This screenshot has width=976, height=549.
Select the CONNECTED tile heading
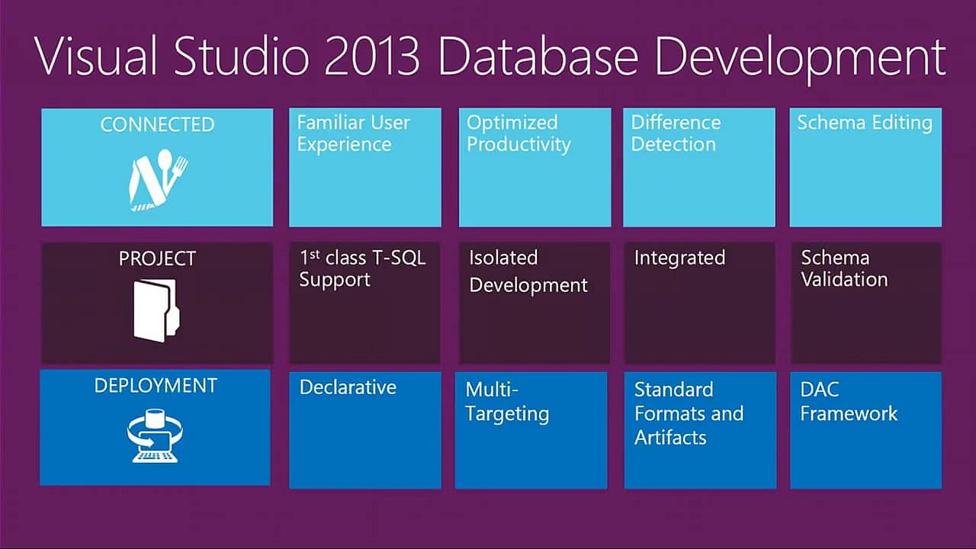pos(157,125)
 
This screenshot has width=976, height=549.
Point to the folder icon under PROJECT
pos(156,308)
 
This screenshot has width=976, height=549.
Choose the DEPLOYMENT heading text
pos(156,386)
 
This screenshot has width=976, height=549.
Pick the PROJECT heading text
pos(157,259)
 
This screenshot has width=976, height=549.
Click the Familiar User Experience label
pos(353,133)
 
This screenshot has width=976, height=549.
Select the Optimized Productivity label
pos(518,133)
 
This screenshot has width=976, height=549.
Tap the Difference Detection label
pos(676,133)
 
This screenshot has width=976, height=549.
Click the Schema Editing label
pos(865,123)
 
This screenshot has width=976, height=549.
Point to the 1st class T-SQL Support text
pos(362,268)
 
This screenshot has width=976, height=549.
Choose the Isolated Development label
pos(528,271)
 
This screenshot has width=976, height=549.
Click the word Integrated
pos(679,258)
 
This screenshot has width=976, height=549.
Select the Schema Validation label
pos(844,268)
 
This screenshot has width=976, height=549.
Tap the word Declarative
pos(348,387)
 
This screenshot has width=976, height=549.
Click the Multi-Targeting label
pos(507,402)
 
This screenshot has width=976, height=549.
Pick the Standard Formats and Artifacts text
pos(689,413)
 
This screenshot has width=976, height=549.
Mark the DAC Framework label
pos(849,402)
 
